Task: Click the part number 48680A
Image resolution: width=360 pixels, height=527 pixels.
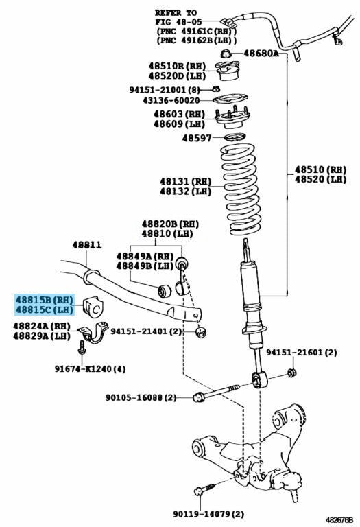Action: tap(261, 53)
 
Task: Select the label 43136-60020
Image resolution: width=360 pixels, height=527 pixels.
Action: tap(171, 100)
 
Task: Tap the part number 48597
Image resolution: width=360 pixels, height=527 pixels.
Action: tap(197, 138)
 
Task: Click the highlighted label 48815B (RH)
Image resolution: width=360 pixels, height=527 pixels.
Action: tap(45, 299)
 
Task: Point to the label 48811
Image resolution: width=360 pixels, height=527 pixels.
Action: tap(86, 245)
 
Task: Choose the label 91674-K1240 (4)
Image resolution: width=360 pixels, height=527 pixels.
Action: tap(90, 368)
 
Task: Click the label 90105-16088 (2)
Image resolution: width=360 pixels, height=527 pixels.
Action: tap(141, 397)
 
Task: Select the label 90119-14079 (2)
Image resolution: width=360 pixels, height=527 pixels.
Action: tap(208, 513)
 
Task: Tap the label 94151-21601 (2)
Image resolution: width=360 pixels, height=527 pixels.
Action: tap(302, 353)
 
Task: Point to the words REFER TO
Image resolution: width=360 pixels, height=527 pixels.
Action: tap(176, 13)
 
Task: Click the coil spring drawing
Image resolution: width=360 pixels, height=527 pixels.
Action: tap(241, 189)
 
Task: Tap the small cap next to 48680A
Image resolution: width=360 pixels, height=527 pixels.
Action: tap(226, 53)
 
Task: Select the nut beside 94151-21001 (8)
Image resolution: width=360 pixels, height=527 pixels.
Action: tap(217, 89)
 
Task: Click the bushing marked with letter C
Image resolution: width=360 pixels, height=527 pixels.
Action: tap(93, 307)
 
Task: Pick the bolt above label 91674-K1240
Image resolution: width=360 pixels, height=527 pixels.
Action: tap(82, 348)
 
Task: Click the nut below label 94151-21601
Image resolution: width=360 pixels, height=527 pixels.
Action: tap(291, 373)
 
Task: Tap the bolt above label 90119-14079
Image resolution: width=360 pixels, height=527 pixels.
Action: tap(204, 489)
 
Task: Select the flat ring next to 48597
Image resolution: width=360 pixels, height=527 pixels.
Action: tap(235, 137)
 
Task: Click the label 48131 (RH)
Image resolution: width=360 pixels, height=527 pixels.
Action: tap(186, 181)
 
